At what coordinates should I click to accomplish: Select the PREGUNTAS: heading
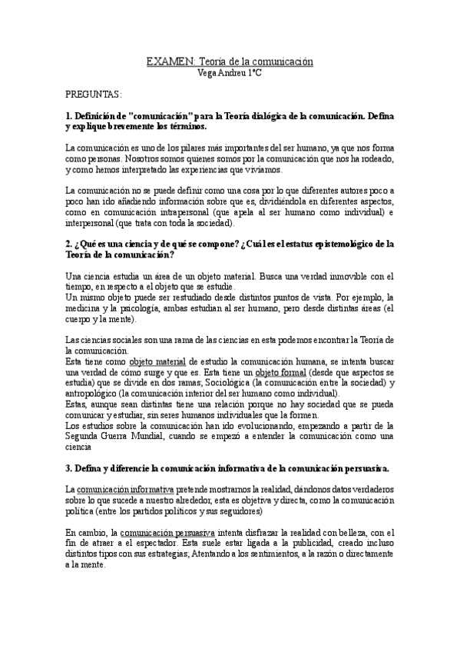click(93, 94)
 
